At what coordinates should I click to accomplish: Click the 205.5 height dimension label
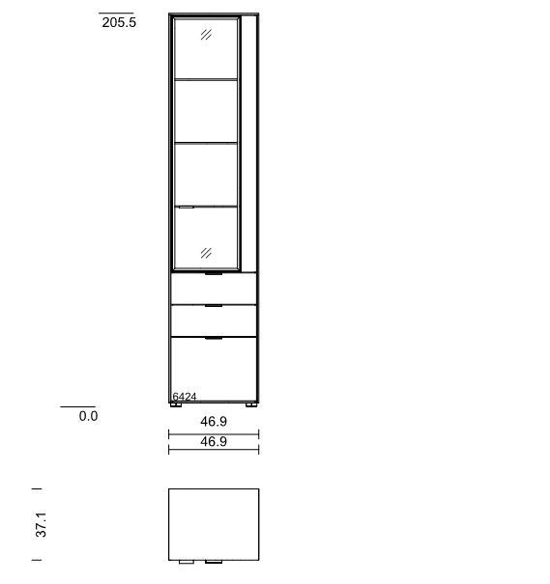click(x=119, y=22)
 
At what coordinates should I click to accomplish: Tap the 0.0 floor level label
click(x=88, y=416)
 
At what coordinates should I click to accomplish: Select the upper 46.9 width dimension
click(x=214, y=421)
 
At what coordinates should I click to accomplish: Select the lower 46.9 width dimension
click(x=214, y=441)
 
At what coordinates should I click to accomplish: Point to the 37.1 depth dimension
click(x=41, y=524)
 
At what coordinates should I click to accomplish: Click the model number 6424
click(x=185, y=397)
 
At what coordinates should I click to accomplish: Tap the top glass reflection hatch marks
click(x=206, y=35)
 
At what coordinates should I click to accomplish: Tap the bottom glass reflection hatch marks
click(x=206, y=253)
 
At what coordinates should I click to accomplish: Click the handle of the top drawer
click(x=214, y=274)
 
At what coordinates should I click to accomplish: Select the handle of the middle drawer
click(x=214, y=306)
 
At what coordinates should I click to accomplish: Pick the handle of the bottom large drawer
click(x=214, y=338)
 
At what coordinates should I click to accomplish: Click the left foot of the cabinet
click(x=176, y=404)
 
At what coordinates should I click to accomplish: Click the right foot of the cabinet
click(x=251, y=404)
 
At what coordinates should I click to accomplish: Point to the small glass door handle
click(x=186, y=208)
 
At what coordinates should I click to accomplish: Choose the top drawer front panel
click(x=214, y=289)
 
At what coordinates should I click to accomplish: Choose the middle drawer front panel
click(x=214, y=320)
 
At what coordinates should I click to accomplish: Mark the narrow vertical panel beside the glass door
click(x=248, y=144)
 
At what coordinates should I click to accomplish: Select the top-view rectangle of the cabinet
click(x=214, y=524)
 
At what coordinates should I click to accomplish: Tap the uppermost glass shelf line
click(x=206, y=79)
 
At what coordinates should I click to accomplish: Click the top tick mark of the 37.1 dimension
click(x=37, y=488)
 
